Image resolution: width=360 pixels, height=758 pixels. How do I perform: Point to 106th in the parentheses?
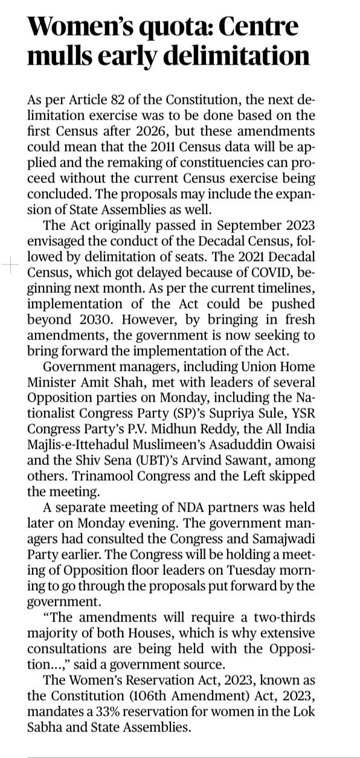tap(152, 695)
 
